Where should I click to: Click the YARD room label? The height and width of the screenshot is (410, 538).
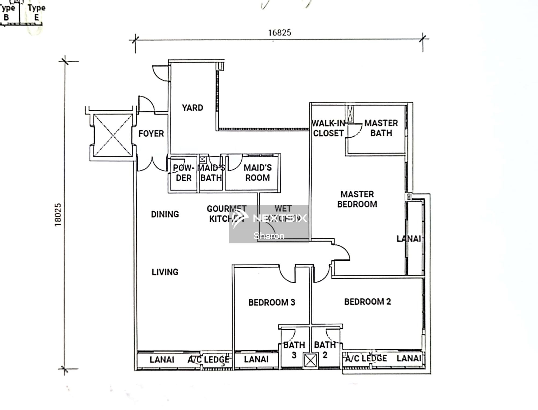click(192, 108)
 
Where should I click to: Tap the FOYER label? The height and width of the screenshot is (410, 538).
click(151, 133)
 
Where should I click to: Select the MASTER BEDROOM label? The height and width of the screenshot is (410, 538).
click(357, 199)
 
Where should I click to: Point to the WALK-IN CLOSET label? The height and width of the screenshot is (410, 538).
click(328, 128)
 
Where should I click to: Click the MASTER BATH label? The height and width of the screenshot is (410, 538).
click(381, 128)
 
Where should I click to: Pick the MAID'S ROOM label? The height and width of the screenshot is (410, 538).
click(257, 173)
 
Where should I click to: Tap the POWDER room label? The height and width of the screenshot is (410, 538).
click(183, 173)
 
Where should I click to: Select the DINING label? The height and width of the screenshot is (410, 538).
click(165, 214)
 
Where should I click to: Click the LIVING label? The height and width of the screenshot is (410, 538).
click(165, 272)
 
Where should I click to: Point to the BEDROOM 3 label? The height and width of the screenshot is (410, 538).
click(272, 302)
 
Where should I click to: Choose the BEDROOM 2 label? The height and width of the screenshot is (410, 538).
click(367, 302)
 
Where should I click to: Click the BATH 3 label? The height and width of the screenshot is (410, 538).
click(294, 350)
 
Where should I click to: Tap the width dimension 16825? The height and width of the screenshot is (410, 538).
click(279, 33)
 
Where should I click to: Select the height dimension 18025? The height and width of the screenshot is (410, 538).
click(58, 214)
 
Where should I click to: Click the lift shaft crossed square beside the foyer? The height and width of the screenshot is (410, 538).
click(113, 135)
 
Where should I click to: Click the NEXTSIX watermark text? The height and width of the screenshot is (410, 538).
click(280, 218)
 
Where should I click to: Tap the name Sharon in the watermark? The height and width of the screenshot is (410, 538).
click(269, 236)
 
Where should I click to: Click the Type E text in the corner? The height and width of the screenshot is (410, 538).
click(36, 13)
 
